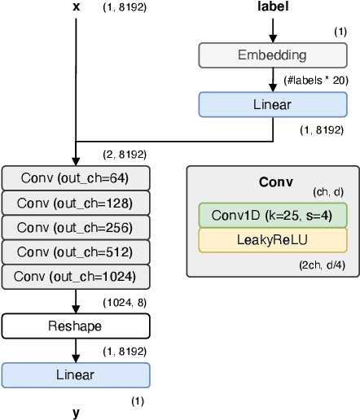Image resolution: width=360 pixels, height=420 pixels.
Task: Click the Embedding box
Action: coord(272,55)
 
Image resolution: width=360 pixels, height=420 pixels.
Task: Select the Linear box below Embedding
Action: coord(272,104)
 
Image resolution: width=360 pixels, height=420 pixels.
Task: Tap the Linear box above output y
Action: coord(76,375)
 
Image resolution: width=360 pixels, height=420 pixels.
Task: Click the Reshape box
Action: coord(76,326)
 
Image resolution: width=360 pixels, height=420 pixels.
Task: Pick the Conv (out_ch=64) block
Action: coord(76,178)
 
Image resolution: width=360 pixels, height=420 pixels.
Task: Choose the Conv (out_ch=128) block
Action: coord(76,203)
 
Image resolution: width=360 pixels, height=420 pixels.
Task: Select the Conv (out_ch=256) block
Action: coord(76,227)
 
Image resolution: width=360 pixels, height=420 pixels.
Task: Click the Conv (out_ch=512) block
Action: coord(76,252)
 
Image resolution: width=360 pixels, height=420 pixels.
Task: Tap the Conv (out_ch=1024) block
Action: coord(76,278)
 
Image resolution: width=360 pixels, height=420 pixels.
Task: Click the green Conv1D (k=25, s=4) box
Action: coord(272,215)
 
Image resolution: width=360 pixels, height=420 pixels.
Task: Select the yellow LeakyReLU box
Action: coord(272,240)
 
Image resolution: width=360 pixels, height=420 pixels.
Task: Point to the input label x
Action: coord(76,7)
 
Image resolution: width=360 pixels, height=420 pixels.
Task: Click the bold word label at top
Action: coord(272,7)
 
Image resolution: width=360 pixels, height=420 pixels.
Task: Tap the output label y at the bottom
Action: coord(76,413)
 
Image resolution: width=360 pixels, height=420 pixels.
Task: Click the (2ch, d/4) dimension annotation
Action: coord(326,265)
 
